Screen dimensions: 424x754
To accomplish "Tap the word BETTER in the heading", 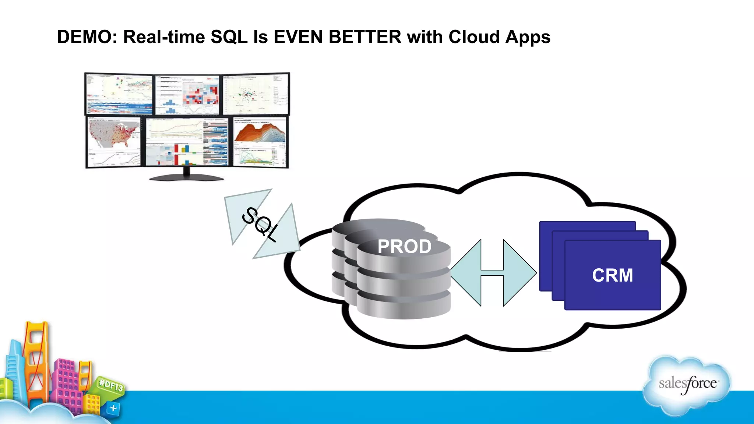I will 365,37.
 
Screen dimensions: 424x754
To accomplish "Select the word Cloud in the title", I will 474,37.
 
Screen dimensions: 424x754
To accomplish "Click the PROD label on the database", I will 404,246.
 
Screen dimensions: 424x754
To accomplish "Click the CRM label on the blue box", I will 612,275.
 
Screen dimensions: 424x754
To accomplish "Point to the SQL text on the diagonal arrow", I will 260,225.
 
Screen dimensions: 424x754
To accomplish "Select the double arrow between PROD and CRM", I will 493,273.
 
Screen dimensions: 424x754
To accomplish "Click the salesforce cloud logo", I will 687,384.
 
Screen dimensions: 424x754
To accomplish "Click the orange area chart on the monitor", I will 260,132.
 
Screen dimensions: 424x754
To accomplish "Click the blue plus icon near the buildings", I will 113,408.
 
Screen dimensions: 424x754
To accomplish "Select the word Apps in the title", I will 528,37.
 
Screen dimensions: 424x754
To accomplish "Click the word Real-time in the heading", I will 164,37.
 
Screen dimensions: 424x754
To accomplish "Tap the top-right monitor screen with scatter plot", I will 256,94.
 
